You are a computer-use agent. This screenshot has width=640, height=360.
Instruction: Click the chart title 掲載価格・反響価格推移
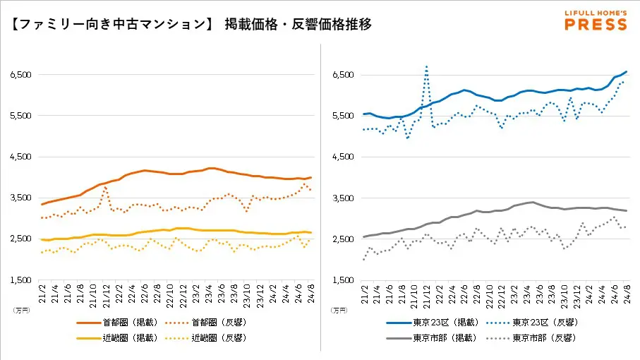tap(298, 24)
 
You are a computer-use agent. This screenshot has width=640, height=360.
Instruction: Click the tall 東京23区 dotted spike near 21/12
tap(427, 67)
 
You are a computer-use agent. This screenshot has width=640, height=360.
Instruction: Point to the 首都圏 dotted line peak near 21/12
tap(105, 187)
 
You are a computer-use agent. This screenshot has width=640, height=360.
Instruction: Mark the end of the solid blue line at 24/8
tap(627, 72)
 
